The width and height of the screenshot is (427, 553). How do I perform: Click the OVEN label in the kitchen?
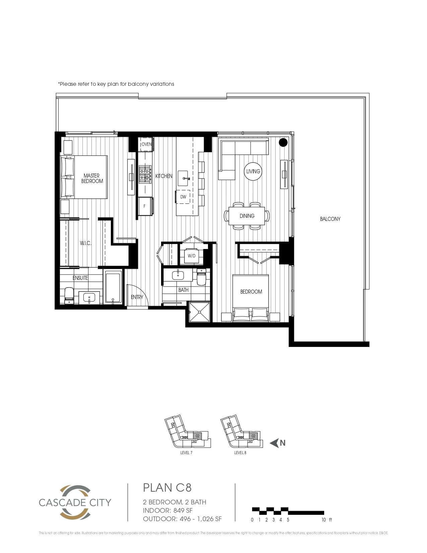[x=146, y=144]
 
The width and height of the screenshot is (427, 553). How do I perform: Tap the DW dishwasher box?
[x=183, y=197]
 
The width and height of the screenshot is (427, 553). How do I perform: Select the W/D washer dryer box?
[x=191, y=256]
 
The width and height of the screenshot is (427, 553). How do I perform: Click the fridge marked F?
[x=145, y=206]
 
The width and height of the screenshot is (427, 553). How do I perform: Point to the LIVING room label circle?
[x=253, y=171]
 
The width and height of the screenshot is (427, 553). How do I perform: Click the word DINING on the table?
[x=247, y=216]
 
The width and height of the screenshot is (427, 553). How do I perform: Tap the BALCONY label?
[x=330, y=219]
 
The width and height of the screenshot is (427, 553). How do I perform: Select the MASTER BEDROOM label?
[x=92, y=178]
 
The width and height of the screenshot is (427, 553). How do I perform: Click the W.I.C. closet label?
[x=85, y=243]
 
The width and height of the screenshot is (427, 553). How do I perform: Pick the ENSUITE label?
[x=80, y=278]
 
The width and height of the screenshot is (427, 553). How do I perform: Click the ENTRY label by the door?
[x=137, y=297]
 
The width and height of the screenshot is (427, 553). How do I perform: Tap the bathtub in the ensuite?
[x=113, y=287]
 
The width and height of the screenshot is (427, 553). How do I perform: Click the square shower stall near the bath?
[x=200, y=312]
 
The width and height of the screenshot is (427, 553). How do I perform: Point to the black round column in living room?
[x=283, y=142]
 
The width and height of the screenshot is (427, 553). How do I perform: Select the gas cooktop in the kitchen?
[x=145, y=174]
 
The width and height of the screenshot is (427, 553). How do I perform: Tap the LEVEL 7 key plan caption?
[x=186, y=453]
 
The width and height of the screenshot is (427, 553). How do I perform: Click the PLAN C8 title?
[x=167, y=488]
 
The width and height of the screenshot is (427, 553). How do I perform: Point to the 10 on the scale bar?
[x=324, y=520]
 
